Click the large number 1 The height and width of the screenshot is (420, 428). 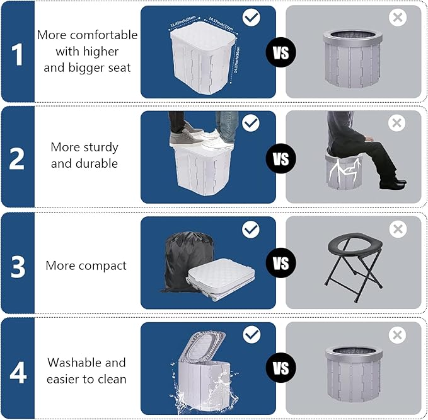[18, 53]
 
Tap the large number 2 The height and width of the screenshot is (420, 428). [18, 159]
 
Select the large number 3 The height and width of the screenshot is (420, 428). [18, 265]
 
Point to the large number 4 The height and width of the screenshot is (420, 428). [18, 371]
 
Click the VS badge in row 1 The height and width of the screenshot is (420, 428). [281, 52]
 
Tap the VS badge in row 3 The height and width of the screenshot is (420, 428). [281, 264]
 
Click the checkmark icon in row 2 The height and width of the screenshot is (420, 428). [251, 123]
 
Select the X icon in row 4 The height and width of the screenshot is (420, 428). [397, 335]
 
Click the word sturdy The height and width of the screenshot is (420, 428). [101, 148]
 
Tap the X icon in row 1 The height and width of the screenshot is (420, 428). [397, 18]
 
